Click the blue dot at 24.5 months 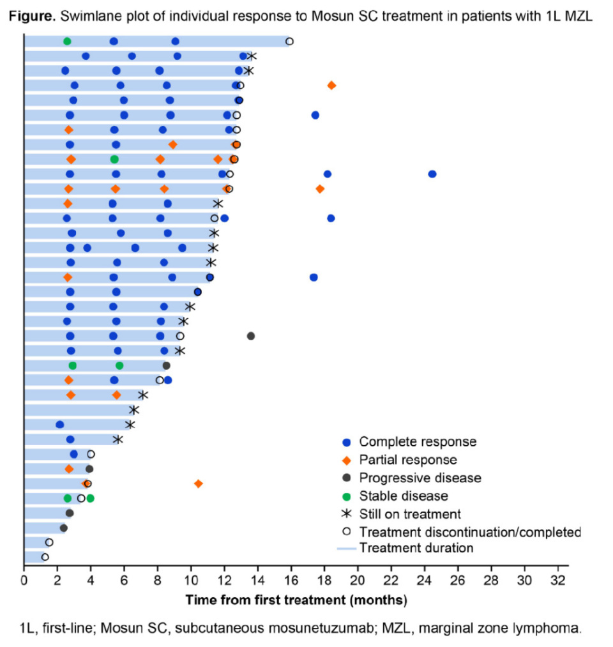pos(432,174)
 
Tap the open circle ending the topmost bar pos(289,42)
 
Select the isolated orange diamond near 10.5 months pos(199,484)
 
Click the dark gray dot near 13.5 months pos(251,336)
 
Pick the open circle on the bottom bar pos(45,557)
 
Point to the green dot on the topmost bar pos(67,42)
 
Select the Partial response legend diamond pos(346,460)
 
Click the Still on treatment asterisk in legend pos(346,514)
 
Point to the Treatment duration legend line pos(346,548)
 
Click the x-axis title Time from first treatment pos(296,600)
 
